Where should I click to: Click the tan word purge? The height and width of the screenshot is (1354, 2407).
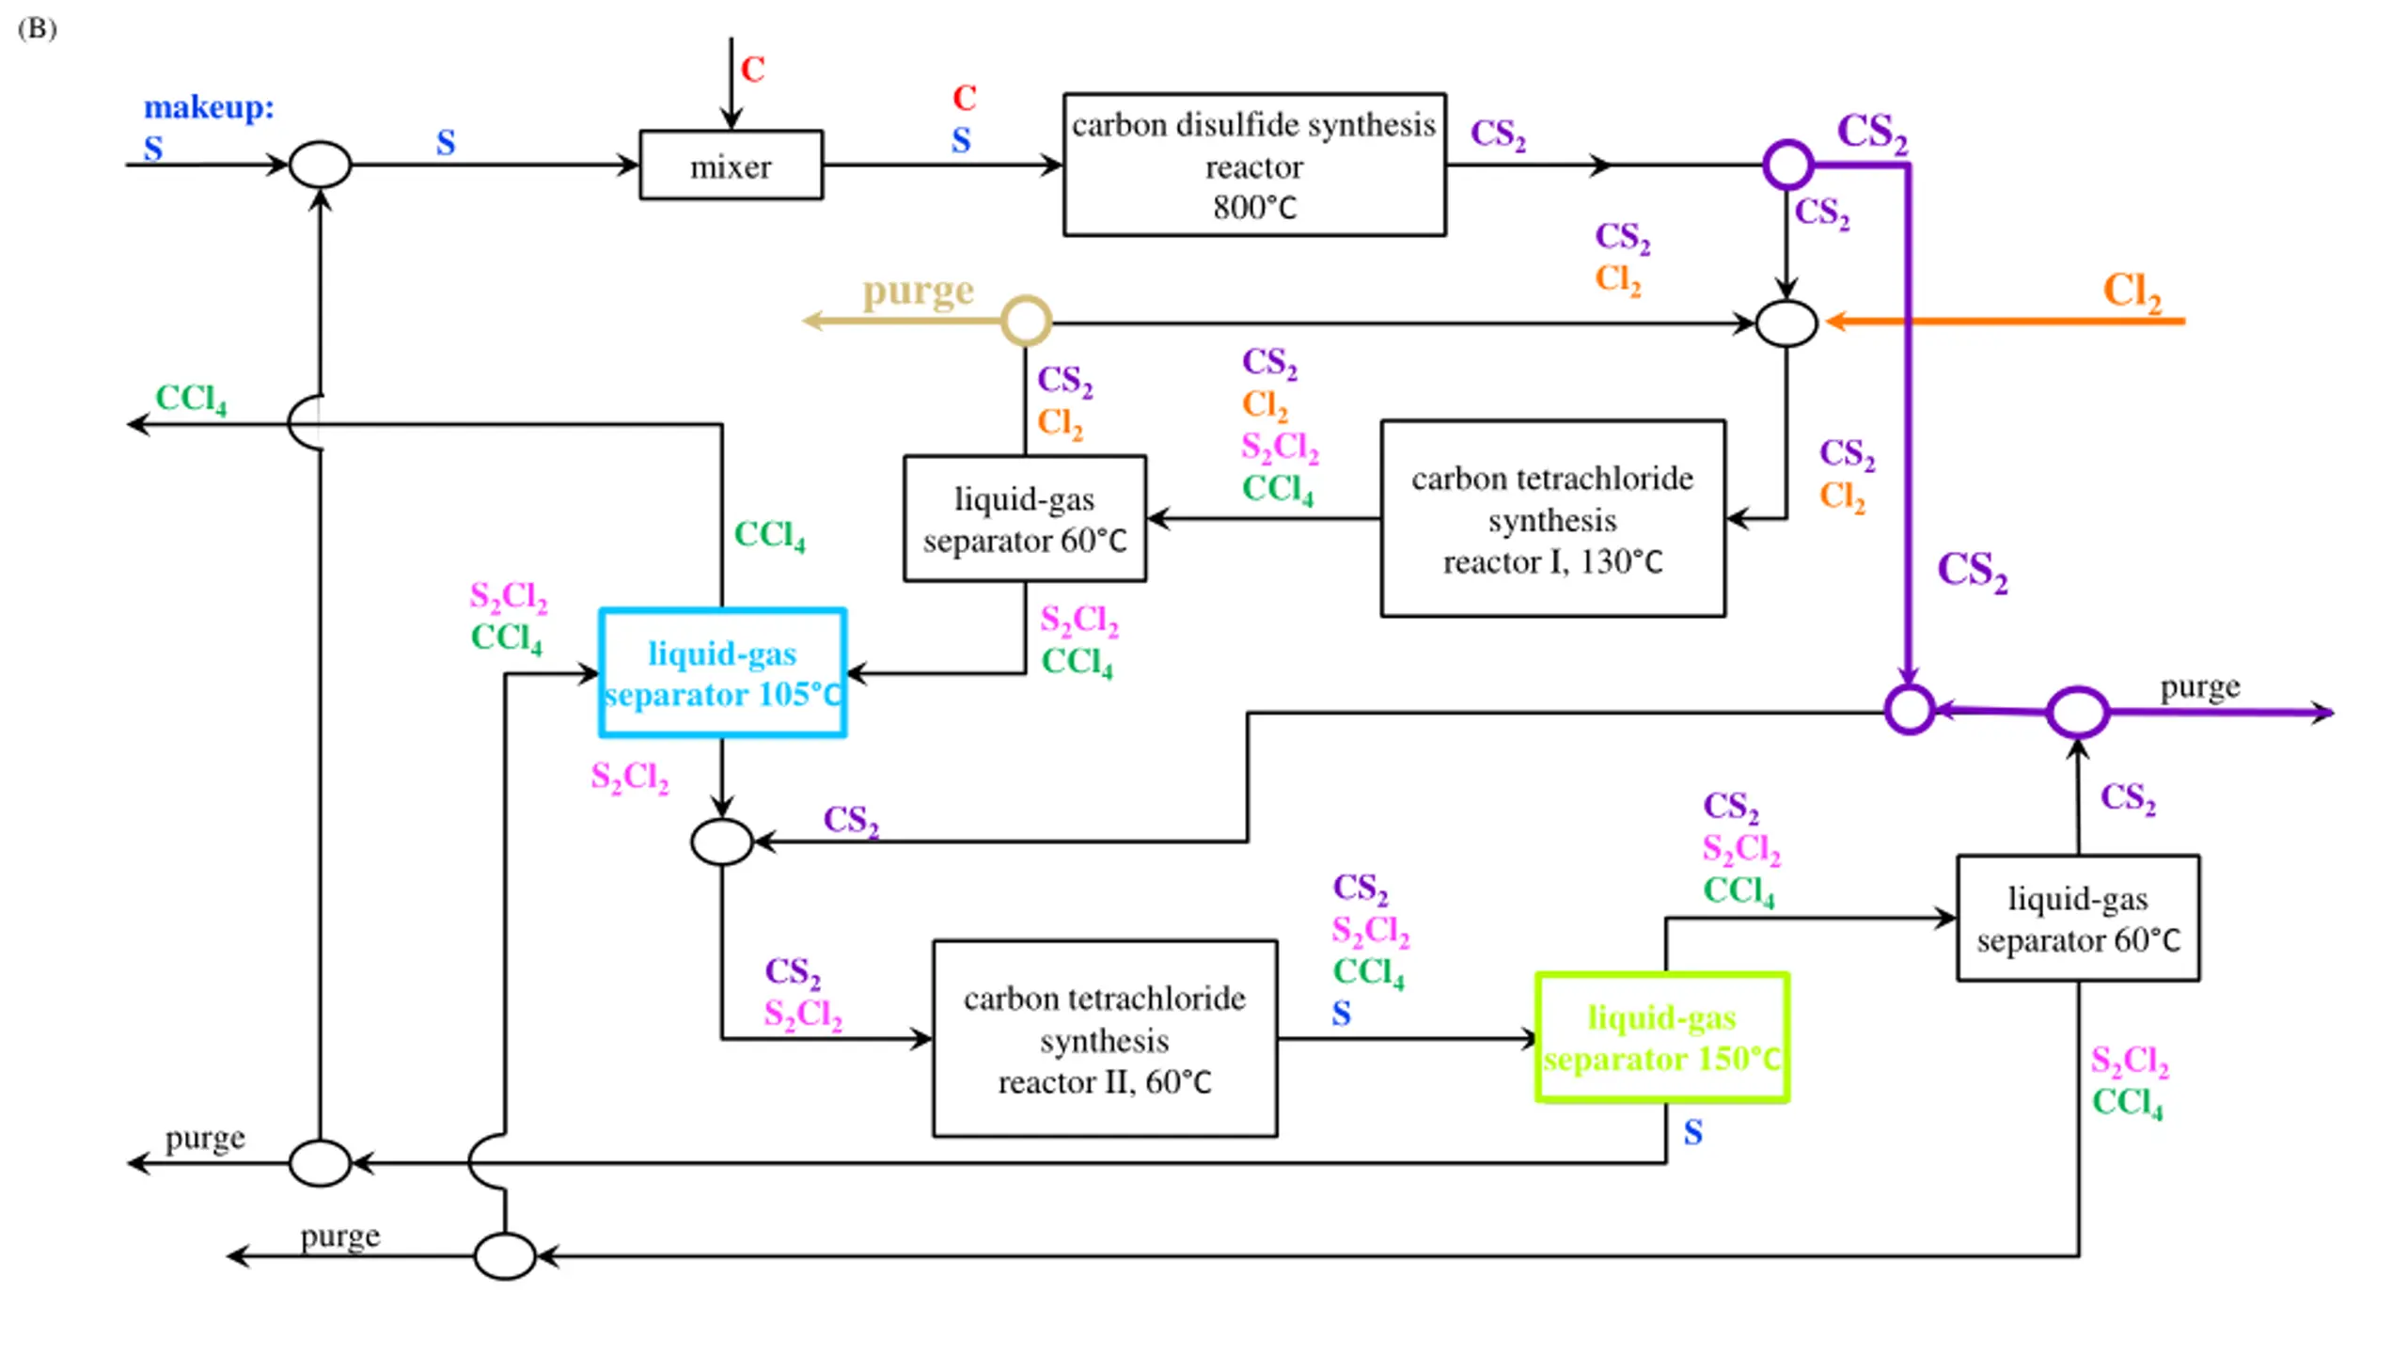click(918, 291)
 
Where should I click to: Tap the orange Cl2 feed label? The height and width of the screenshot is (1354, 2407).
click(2132, 291)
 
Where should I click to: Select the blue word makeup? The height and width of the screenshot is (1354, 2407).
click(209, 106)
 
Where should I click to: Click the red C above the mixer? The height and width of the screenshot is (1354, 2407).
click(752, 69)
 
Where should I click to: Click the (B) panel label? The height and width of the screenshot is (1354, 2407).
click(37, 28)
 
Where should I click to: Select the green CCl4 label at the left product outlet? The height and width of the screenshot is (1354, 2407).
click(191, 398)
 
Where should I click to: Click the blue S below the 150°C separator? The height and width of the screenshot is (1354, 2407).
click(1692, 1132)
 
